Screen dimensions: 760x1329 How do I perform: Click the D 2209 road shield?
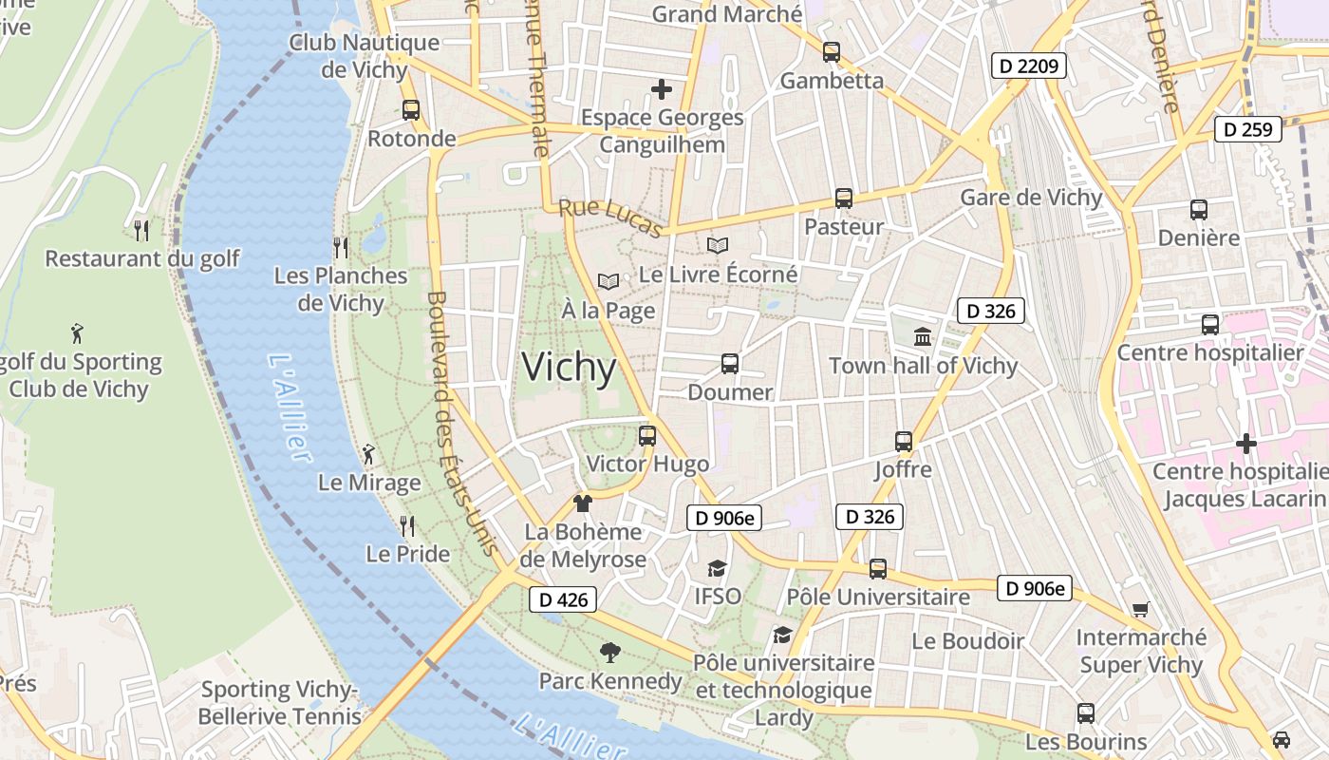click(x=1029, y=66)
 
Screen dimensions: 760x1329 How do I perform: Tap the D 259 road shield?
click(x=1248, y=129)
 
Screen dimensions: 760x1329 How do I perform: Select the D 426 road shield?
click(x=563, y=599)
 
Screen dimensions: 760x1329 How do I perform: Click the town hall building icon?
click(x=923, y=336)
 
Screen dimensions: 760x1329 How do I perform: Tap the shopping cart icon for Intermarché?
click(x=1140, y=609)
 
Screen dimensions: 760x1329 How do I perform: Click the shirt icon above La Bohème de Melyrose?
click(x=583, y=503)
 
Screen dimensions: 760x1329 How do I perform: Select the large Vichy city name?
click(x=570, y=368)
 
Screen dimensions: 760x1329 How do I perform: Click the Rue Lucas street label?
click(x=609, y=218)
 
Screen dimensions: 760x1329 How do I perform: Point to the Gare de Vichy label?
click(x=1031, y=198)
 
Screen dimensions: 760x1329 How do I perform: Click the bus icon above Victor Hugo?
click(x=647, y=436)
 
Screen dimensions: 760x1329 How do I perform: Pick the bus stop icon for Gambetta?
click(x=832, y=52)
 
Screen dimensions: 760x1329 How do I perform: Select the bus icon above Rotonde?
click(x=411, y=109)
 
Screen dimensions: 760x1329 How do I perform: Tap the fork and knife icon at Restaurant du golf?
click(x=141, y=230)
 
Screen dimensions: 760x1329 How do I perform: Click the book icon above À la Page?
click(x=608, y=282)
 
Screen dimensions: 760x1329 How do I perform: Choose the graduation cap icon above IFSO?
click(x=717, y=568)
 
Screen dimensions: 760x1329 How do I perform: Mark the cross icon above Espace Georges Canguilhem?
click(x=662, y=89)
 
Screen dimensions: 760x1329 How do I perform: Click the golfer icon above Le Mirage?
click(x=368, y=454)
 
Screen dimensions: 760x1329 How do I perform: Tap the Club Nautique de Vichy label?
click(x=365, y=56)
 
